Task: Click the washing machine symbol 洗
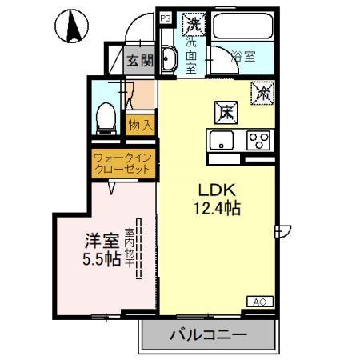[192, 24]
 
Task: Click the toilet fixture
[103, 118]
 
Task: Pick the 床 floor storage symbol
[227, 111]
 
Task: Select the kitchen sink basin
[220, 141]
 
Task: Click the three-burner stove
[259, 141]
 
